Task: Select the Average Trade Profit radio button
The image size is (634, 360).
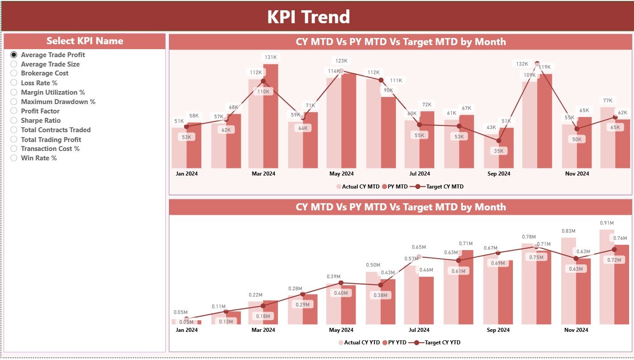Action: (x=14, y=54)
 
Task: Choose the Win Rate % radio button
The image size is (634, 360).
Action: (x=14, y=158)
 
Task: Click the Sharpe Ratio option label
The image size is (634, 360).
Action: (x=41, y=121)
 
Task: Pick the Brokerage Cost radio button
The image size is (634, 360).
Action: (x=14, y=73)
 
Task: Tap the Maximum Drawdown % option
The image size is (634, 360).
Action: (x=58, y=102)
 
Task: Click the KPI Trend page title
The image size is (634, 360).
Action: (x=308, y=17)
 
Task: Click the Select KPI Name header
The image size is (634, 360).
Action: (x=84, y=41)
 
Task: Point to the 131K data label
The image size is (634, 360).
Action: (x=271, y=57)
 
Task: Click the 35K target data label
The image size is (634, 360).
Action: (x=499, y=151)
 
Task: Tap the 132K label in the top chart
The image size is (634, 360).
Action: (x=522, y=64)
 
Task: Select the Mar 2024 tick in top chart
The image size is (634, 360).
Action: (x=263, y=174)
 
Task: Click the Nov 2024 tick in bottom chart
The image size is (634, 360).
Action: (x=576, y=330)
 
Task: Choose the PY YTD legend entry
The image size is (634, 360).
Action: (x=396, y=343)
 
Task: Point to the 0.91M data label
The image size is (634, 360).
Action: (x=606, y=223)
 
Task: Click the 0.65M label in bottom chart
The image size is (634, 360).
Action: (x=419, y=247)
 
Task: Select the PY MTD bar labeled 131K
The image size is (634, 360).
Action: (x=271, y=116)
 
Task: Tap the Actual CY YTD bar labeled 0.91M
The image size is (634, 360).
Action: (x=607, y=277)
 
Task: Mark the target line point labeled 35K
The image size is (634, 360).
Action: (x=499, y=141)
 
